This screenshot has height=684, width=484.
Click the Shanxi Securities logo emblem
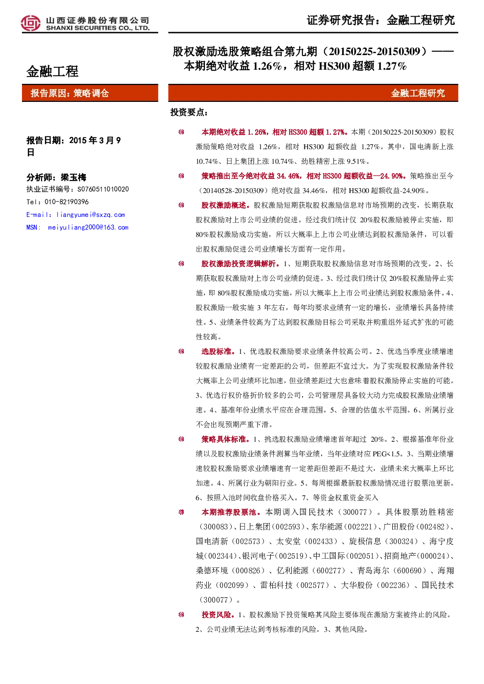point(31,23)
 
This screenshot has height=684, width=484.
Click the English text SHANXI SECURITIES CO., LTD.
point(98,28)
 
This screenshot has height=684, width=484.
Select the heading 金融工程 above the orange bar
point(52,72)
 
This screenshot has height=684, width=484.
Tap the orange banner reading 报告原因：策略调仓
point(90,93)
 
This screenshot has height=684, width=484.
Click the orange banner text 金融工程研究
point(418,93)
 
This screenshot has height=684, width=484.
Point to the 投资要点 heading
point(189,112)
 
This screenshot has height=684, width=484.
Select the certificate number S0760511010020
point(103,189)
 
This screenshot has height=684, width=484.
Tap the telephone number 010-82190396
point(67,202)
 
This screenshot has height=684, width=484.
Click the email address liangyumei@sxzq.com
point(91,215)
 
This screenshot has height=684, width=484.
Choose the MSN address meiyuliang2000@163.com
point(88,228)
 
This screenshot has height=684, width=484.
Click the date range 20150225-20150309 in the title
point(375,52)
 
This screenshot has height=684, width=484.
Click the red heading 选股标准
point(218,352)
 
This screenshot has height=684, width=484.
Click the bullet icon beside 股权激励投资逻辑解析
point(181,264)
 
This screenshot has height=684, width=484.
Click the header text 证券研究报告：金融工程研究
point(381,20)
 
